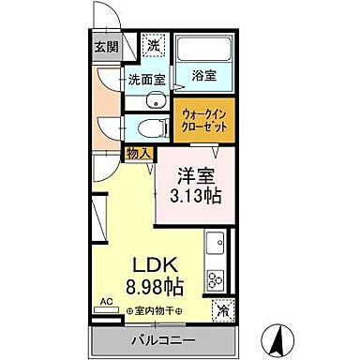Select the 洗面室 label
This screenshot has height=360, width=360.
tap(146, 81)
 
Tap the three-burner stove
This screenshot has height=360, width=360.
tap(216, 278)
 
